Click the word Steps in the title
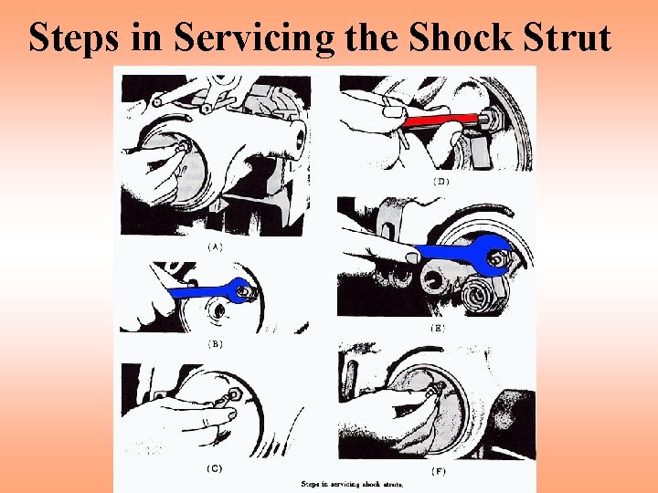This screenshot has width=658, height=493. [73, 37]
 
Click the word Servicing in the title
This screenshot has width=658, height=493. [254, 38]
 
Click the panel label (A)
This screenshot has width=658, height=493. [216, 246]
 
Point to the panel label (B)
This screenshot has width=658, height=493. [215, 344]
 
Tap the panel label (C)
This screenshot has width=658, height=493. [215, 468]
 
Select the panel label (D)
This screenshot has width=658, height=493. [441, 182]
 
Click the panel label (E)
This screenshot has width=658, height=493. [438, 329]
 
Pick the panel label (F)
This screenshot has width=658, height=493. [439, 472]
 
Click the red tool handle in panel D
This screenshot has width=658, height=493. [440, 121]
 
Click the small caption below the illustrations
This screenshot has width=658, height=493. [352, 485]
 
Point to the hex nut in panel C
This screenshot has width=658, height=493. [234, 394]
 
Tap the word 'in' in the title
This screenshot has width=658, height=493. [146, 37]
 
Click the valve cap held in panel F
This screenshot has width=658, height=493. [437, 389]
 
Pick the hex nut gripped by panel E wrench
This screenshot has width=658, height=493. [496, 258]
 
